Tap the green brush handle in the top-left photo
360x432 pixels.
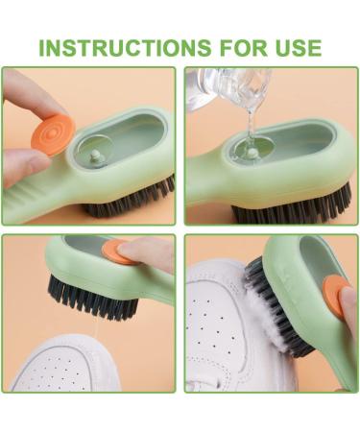tap(38, 197)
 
